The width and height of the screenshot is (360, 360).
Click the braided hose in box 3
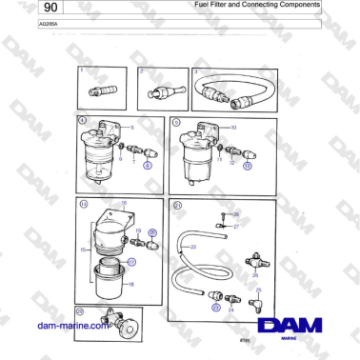coord(236,92)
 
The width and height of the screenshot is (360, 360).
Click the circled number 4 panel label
coord(82,122)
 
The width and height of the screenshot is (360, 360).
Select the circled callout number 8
coord(147,164)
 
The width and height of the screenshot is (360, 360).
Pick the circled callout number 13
coord(247,164)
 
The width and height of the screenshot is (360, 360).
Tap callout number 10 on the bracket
coord(234,127)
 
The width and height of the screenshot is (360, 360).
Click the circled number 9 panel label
coord(176,122)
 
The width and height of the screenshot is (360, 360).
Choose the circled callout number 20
coord(152,232)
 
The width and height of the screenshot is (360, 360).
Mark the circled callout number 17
coord(131,261)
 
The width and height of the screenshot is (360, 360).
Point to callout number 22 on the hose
coord(192,248)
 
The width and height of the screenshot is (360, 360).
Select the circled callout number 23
coord(215,309)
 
